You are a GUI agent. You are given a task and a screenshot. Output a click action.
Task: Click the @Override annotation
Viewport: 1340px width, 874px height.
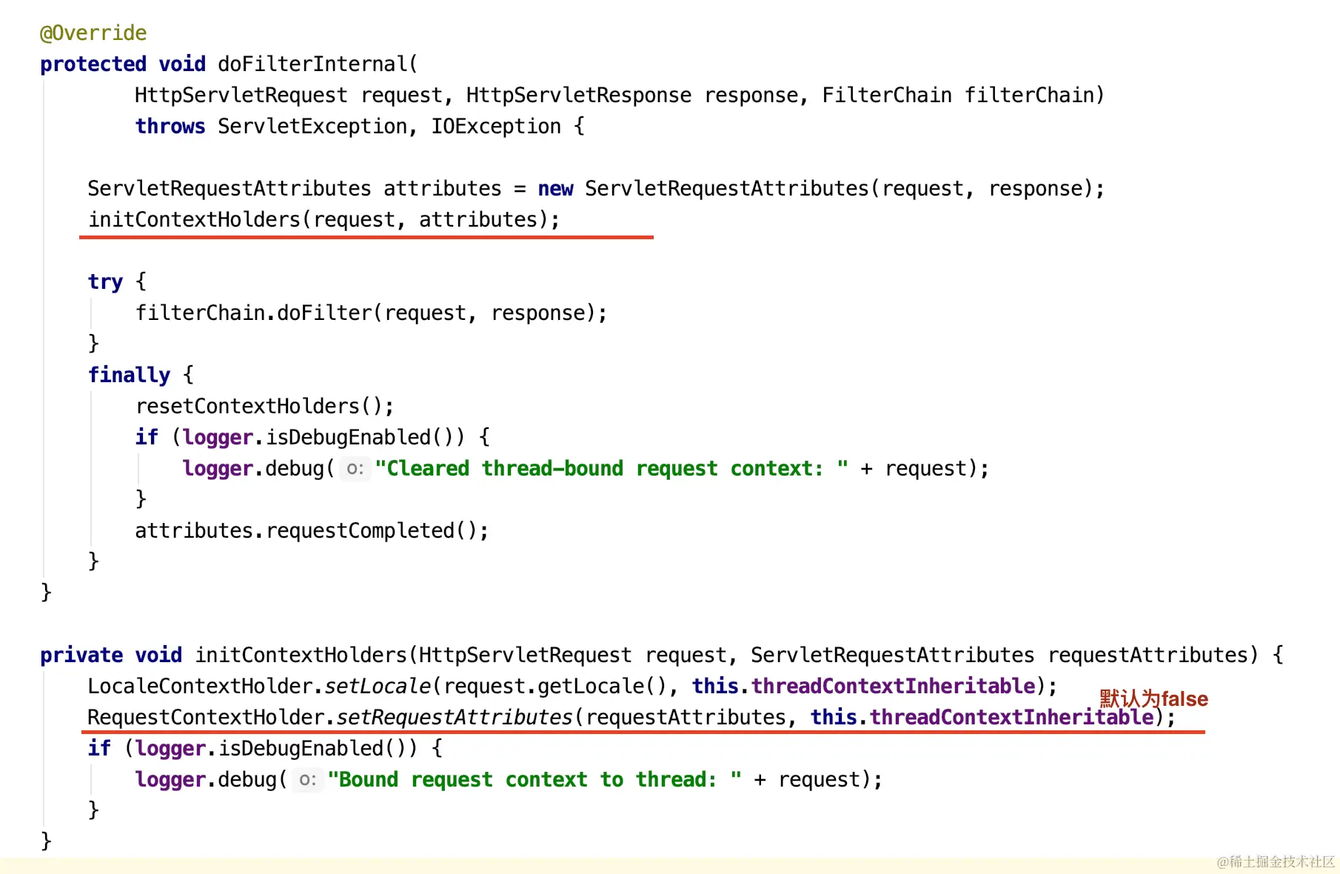click(93, 33)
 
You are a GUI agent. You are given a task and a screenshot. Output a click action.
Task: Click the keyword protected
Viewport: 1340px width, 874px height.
click(93, 64)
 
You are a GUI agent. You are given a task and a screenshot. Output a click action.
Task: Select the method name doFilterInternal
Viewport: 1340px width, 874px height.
click(312, 64)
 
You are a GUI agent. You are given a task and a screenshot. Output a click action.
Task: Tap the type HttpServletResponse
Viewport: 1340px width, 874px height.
click(578, 96)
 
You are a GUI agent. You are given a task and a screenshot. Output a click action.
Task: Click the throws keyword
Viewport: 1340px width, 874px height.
click(170, 127)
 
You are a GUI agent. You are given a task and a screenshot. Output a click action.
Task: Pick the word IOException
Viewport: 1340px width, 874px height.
click(496, 127)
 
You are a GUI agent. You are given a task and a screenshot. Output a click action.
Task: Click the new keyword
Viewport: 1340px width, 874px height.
click(555, 189)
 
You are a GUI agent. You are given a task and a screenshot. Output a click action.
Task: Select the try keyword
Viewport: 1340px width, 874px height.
click(105, 282)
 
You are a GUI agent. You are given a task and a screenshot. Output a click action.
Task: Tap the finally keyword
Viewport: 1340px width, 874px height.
click(129, 376)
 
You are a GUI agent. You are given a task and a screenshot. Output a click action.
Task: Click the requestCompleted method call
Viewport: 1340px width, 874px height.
click(360, 531)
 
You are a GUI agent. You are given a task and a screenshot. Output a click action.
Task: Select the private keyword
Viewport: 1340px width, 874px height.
click(81, 655)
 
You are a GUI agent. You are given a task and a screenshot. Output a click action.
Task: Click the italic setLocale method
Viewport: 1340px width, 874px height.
click(378, 687)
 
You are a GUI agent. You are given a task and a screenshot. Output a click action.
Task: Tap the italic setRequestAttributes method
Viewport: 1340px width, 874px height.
click(455, 718)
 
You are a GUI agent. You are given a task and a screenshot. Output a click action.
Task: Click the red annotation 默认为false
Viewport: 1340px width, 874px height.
click(1153, 698)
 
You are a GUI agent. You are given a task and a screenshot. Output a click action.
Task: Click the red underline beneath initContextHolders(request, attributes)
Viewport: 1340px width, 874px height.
click(366, 237)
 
